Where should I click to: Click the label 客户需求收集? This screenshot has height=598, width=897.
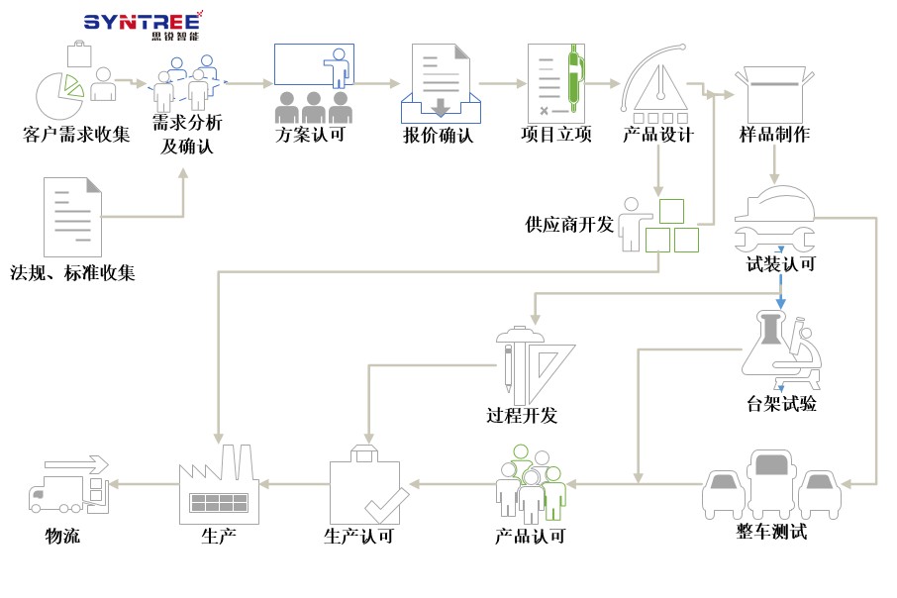point(76,135)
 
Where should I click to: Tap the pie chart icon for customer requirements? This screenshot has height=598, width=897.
point(59,92)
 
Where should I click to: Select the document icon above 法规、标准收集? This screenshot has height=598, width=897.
point(72,217)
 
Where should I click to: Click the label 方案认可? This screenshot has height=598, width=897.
point(310,135)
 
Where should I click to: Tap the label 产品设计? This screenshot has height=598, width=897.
point(658,135)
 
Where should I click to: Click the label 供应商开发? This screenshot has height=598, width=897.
point(569,225)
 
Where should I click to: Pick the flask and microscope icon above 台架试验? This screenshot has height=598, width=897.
point(779,351)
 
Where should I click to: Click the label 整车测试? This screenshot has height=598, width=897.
point(772,533)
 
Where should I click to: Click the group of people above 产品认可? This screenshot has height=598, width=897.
point(530,482)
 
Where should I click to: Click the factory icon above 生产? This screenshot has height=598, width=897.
point(218,484)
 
